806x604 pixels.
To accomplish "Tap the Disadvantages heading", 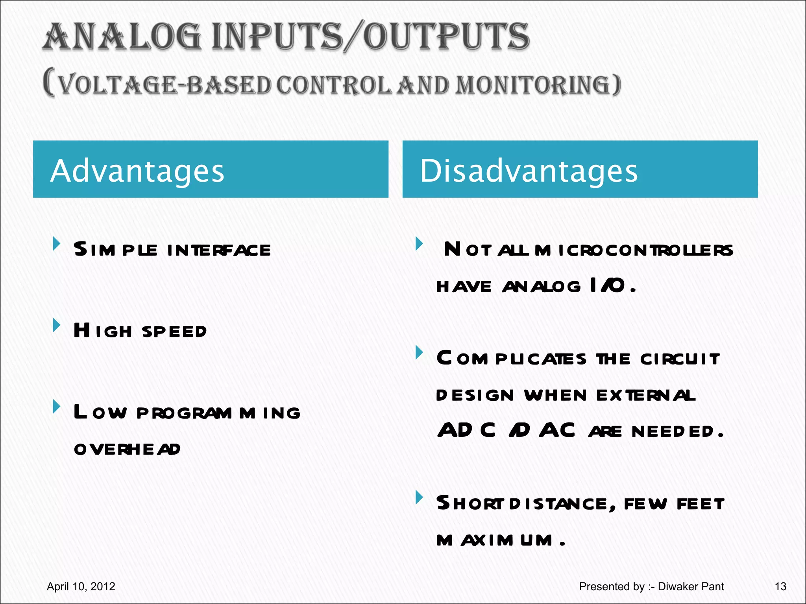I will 529,171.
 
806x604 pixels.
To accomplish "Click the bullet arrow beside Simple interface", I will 57,244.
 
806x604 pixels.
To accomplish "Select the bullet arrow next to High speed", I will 57,325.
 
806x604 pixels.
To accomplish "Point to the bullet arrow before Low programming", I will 57,407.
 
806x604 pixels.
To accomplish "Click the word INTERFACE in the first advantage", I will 219,250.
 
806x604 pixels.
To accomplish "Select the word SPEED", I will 174,332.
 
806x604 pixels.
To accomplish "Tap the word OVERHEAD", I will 127,449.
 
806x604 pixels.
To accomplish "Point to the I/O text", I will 608,285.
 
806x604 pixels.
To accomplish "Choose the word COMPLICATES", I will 512,359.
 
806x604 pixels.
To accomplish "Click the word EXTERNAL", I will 646,395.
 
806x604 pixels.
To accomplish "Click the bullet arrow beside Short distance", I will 419,497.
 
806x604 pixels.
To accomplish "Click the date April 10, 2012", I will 81,587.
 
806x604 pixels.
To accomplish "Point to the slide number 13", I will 780,587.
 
